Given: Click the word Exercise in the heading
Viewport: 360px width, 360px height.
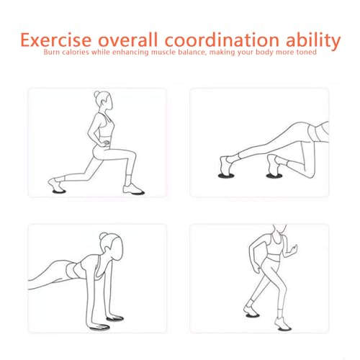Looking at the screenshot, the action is click(x=56, y=40).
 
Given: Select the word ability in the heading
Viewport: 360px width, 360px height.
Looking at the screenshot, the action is click(x=312, y=41).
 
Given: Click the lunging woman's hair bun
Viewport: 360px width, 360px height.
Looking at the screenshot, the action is click(x=96, y=94).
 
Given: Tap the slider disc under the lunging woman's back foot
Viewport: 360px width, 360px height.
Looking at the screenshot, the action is click(x=59, y=192).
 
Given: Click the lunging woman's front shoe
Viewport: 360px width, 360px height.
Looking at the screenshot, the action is click(x=132, y=189).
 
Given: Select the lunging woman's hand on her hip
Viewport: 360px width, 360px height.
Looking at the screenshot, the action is click(x=105, y=143).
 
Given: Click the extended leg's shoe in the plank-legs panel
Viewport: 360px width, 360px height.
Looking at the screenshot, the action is click(x=225, y=165).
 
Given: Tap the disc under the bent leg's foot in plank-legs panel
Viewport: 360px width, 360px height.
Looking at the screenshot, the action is click(x=274, y=176).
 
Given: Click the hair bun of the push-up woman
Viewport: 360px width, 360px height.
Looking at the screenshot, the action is click(x=103, y=236).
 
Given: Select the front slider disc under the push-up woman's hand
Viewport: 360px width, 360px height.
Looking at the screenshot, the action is click(x=99, y=328).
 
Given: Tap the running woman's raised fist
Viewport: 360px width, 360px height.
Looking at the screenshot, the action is click(x=294, y=248).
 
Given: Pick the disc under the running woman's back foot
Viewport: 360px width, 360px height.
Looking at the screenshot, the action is click(x=253, y=315).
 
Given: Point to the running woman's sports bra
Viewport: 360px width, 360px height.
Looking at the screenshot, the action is click(x=274, y=246).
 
